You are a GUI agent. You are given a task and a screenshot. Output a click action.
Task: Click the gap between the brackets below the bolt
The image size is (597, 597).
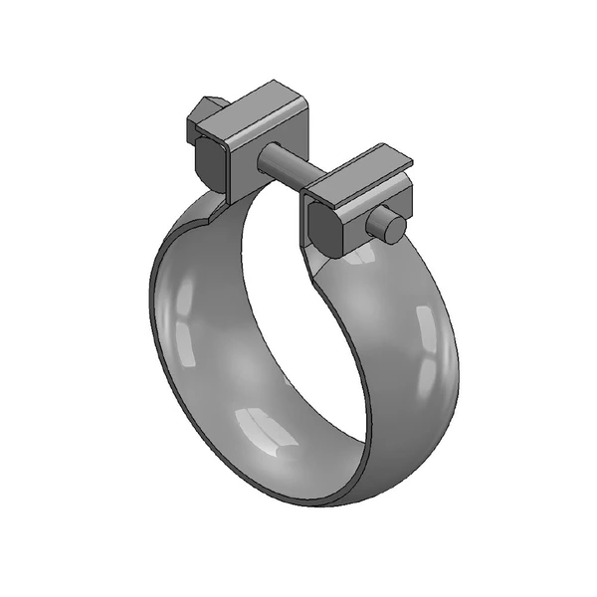pyautogui.click(x=284, y=199)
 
